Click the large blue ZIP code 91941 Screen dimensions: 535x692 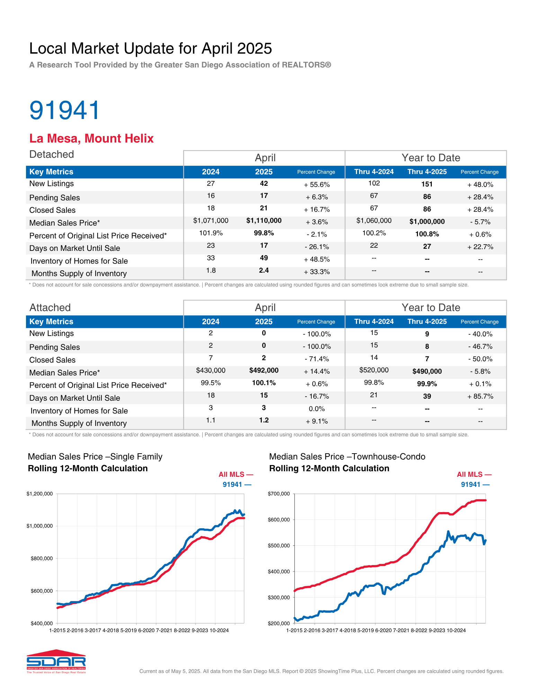[65, 110]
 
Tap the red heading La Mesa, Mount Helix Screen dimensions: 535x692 [91, 138]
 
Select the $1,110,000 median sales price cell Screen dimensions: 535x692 [264, 221]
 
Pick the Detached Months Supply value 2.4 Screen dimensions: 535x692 [264, 271]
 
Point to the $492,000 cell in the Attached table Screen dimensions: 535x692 [264, 371]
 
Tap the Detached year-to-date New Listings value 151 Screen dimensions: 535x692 [427, 184]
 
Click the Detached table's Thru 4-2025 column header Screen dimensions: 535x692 [427, 172]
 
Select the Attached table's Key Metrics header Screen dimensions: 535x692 [51, 322]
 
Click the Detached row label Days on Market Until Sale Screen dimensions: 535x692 [75, 248]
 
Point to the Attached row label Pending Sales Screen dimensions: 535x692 [55, 347]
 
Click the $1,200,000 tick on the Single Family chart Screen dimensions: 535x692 [39, 494]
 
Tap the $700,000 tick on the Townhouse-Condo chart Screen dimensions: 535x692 [279, 494]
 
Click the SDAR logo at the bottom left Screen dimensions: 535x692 [56, 662]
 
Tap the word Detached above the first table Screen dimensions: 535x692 [52, 154]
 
